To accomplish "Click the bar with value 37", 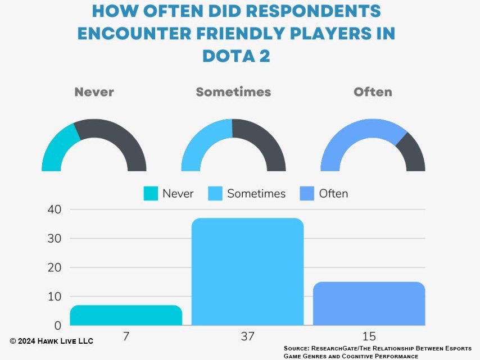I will click(247, 272).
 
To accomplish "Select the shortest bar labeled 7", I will click(126, 315).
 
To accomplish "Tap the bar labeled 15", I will click(369, 303).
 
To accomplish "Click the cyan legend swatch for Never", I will click(150, 194).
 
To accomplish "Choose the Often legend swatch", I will click(307, 194).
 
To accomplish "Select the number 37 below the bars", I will click(247, 336).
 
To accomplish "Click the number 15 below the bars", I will click(369, 336).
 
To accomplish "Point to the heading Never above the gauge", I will click(94, 92).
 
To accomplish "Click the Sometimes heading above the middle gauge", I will click(233, 92).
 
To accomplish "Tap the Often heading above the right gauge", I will click(373, 92).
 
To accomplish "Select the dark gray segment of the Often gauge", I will click(412, 151).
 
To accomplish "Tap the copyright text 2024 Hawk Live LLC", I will click(52, 341).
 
